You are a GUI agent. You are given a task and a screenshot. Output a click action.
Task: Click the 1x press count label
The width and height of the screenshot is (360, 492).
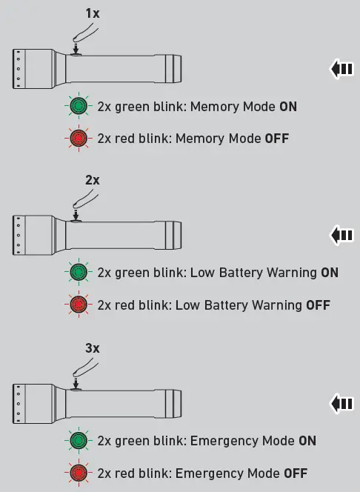(x=91, y=14)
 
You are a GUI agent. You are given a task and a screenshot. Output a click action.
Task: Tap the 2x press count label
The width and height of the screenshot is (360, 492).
(x=92, y=180)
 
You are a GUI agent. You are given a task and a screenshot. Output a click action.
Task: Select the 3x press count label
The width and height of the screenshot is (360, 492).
(x=92, y=348)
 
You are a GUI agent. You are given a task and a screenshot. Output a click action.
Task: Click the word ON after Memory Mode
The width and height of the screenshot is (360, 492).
(x=287, y=107)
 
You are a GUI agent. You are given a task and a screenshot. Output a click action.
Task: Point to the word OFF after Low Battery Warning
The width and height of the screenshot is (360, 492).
(x=318, y=305)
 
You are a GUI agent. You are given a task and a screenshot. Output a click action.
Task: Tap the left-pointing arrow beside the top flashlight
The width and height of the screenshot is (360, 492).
(x=341, y=69)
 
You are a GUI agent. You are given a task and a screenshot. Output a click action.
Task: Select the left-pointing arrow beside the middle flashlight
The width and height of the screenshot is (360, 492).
(x=341, y=236)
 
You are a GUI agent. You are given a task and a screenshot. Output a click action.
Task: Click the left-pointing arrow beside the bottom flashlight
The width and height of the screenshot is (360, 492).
(x=341, y=404)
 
